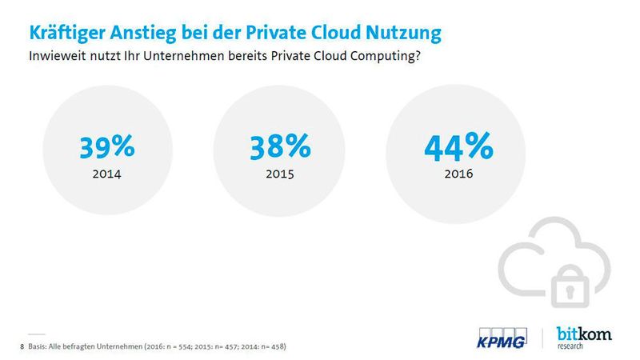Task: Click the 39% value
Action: coord(106,148)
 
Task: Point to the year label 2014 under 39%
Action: coord(106,172)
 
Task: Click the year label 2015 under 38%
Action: coord(279,172)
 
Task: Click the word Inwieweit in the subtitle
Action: coord(57,58)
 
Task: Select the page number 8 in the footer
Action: coord(20,346)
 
